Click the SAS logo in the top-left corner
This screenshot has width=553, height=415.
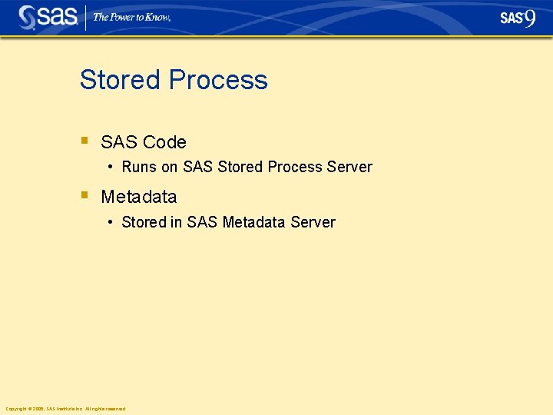pos(48,17)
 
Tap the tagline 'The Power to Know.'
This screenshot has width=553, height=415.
pos(131,17)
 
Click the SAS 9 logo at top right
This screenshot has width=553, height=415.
pos(518,18)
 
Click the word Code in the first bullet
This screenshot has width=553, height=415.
pos(164,142)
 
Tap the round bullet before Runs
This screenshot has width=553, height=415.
pos(111,167)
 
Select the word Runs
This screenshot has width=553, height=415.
pos(138,167)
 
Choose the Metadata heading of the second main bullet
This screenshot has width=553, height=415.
pos(138,197)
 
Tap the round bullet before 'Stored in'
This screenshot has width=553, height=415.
pos(111,222)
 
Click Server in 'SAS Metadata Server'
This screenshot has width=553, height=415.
pos(315,222)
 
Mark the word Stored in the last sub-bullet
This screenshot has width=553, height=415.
pos(144,222)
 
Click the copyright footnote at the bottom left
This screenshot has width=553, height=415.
pos(65,409)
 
